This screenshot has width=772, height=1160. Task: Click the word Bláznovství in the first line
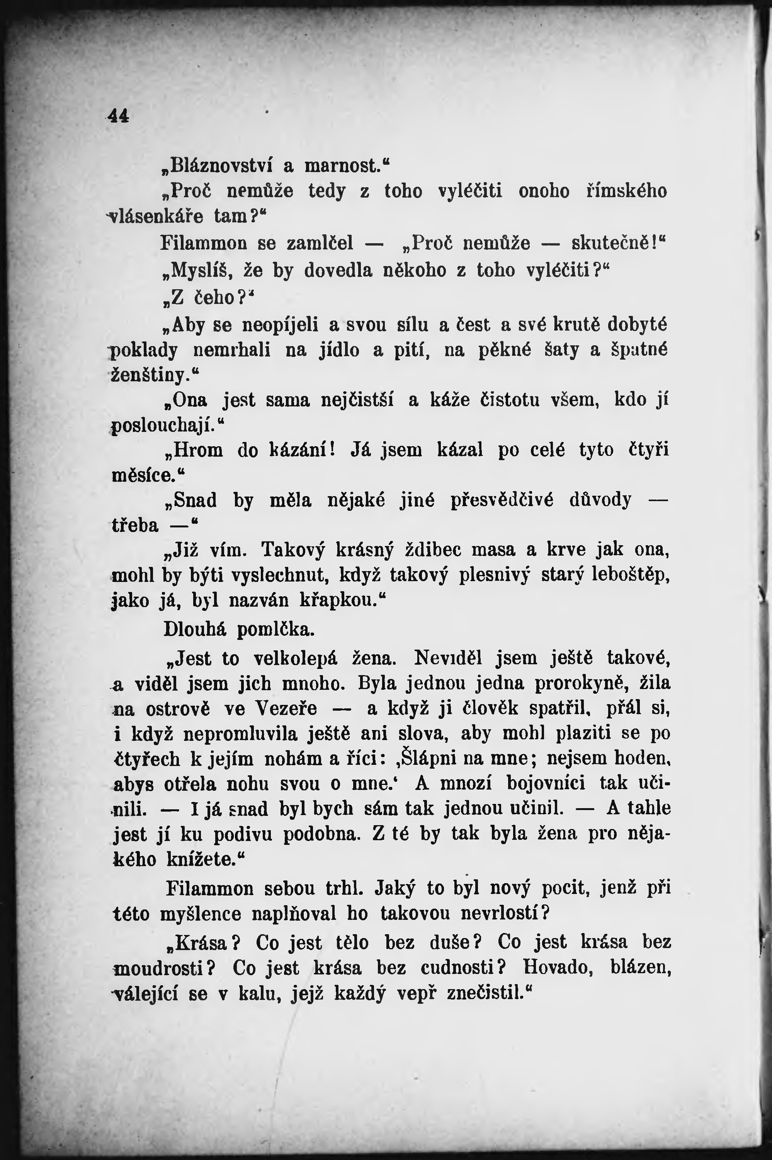221,165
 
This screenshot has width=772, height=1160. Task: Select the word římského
626,191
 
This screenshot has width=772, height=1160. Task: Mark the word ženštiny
150,375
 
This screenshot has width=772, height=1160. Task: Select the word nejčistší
357,399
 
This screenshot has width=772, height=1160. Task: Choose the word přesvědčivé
502,500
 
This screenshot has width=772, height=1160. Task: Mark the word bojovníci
546,783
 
